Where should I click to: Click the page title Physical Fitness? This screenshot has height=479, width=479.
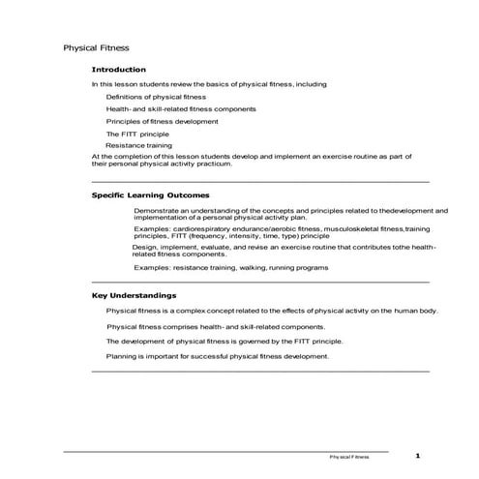(x=96, y=46)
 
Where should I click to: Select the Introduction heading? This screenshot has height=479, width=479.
(x=118, y=70)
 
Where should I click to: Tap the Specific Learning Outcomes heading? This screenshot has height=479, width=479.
(x=149, y=195)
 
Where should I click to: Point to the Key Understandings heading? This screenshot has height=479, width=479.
(x=134, y=295)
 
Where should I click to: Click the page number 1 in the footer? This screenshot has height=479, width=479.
(x=417, y=455)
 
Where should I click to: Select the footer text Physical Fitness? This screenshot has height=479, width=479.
(x=348, y=456)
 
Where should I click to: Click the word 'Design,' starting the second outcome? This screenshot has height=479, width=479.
(x=144, y=247)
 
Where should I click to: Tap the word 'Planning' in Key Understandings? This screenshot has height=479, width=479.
(x=120, y=356)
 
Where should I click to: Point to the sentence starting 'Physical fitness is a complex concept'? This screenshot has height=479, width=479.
(x=272, y=311)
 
